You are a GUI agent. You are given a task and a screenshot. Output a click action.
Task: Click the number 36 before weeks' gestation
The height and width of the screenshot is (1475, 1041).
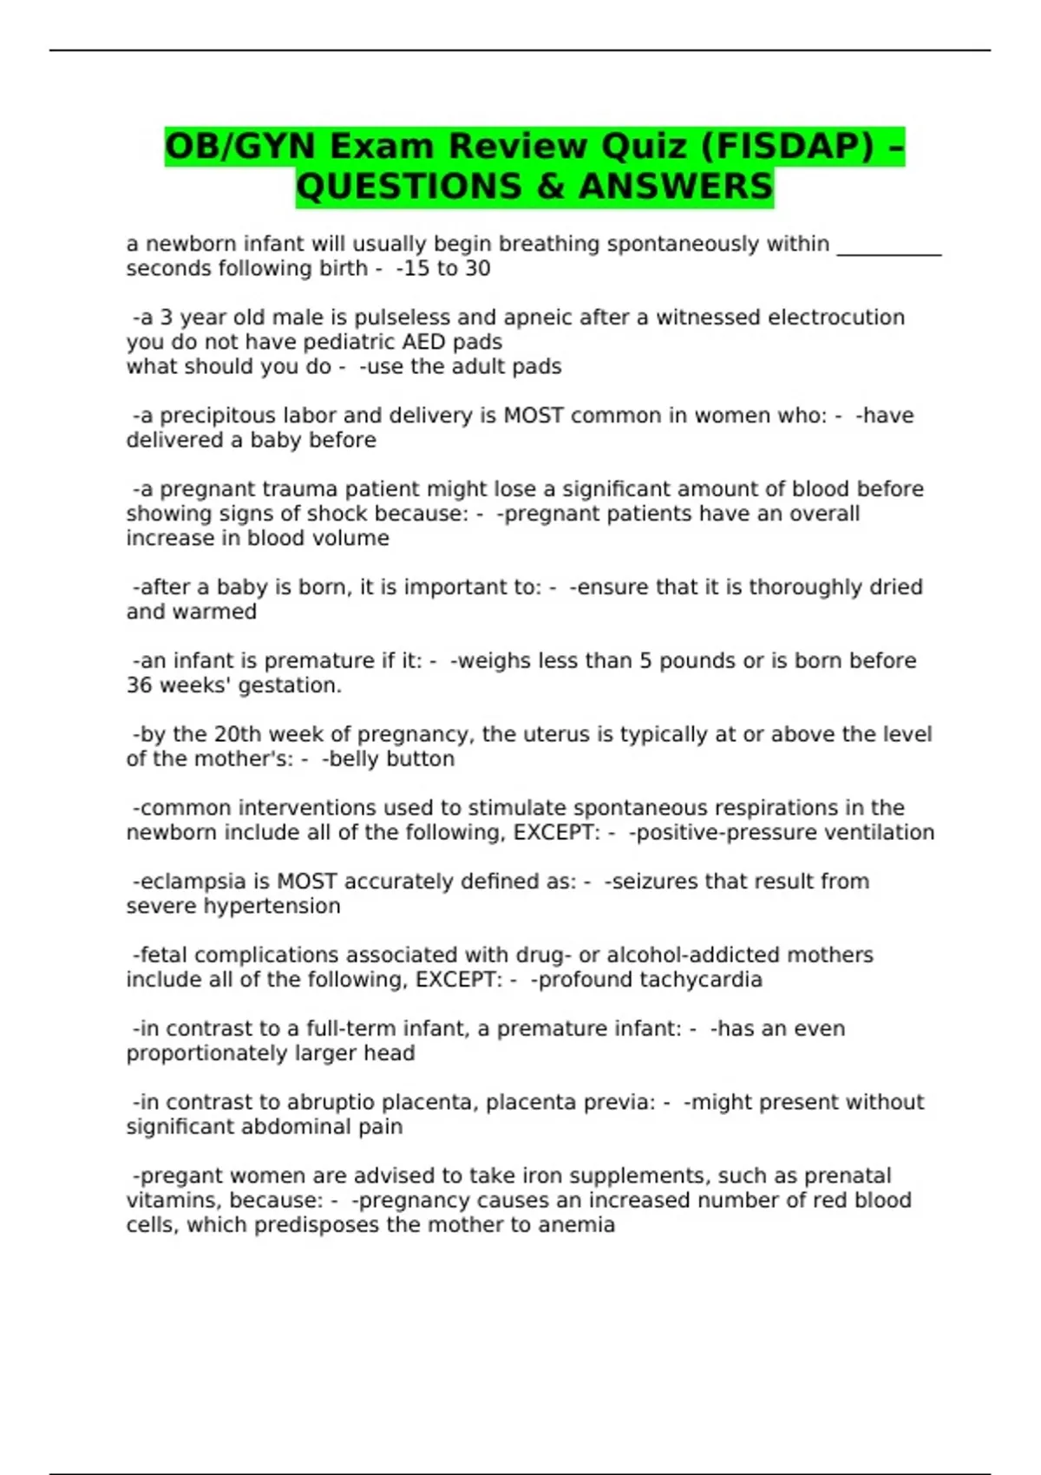coord(139,685)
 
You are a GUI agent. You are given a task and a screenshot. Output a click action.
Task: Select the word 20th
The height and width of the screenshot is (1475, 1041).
coord(237,734)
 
